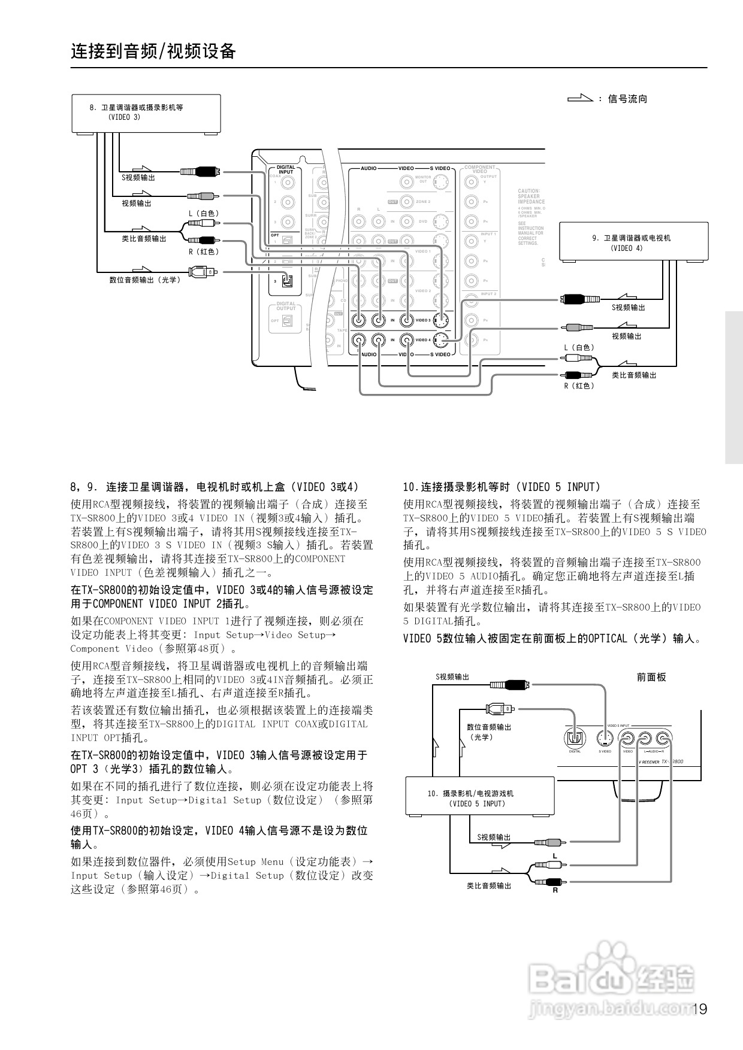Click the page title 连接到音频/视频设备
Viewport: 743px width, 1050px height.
point(153,51)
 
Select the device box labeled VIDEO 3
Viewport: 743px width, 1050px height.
point(146,113)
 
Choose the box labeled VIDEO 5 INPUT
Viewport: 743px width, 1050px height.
point(479,797)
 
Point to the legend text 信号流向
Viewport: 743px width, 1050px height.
point(627,99)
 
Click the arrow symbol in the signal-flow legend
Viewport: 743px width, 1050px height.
point(580,99)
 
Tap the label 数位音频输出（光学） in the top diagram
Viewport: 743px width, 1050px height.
point(144,280)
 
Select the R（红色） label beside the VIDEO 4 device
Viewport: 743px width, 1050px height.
point(579,386)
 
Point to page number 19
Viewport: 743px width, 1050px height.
point(699,1009)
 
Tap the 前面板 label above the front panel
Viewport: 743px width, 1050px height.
point(651,677)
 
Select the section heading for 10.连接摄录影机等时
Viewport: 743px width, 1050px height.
point(502,487)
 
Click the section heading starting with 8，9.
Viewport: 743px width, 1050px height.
point(215,487)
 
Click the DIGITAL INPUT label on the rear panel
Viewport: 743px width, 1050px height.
point(286,169)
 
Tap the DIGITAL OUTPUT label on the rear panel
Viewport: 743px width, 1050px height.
point(286,306)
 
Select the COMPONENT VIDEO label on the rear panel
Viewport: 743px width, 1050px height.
point(480,169)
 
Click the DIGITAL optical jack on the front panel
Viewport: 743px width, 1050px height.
point(575,738)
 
